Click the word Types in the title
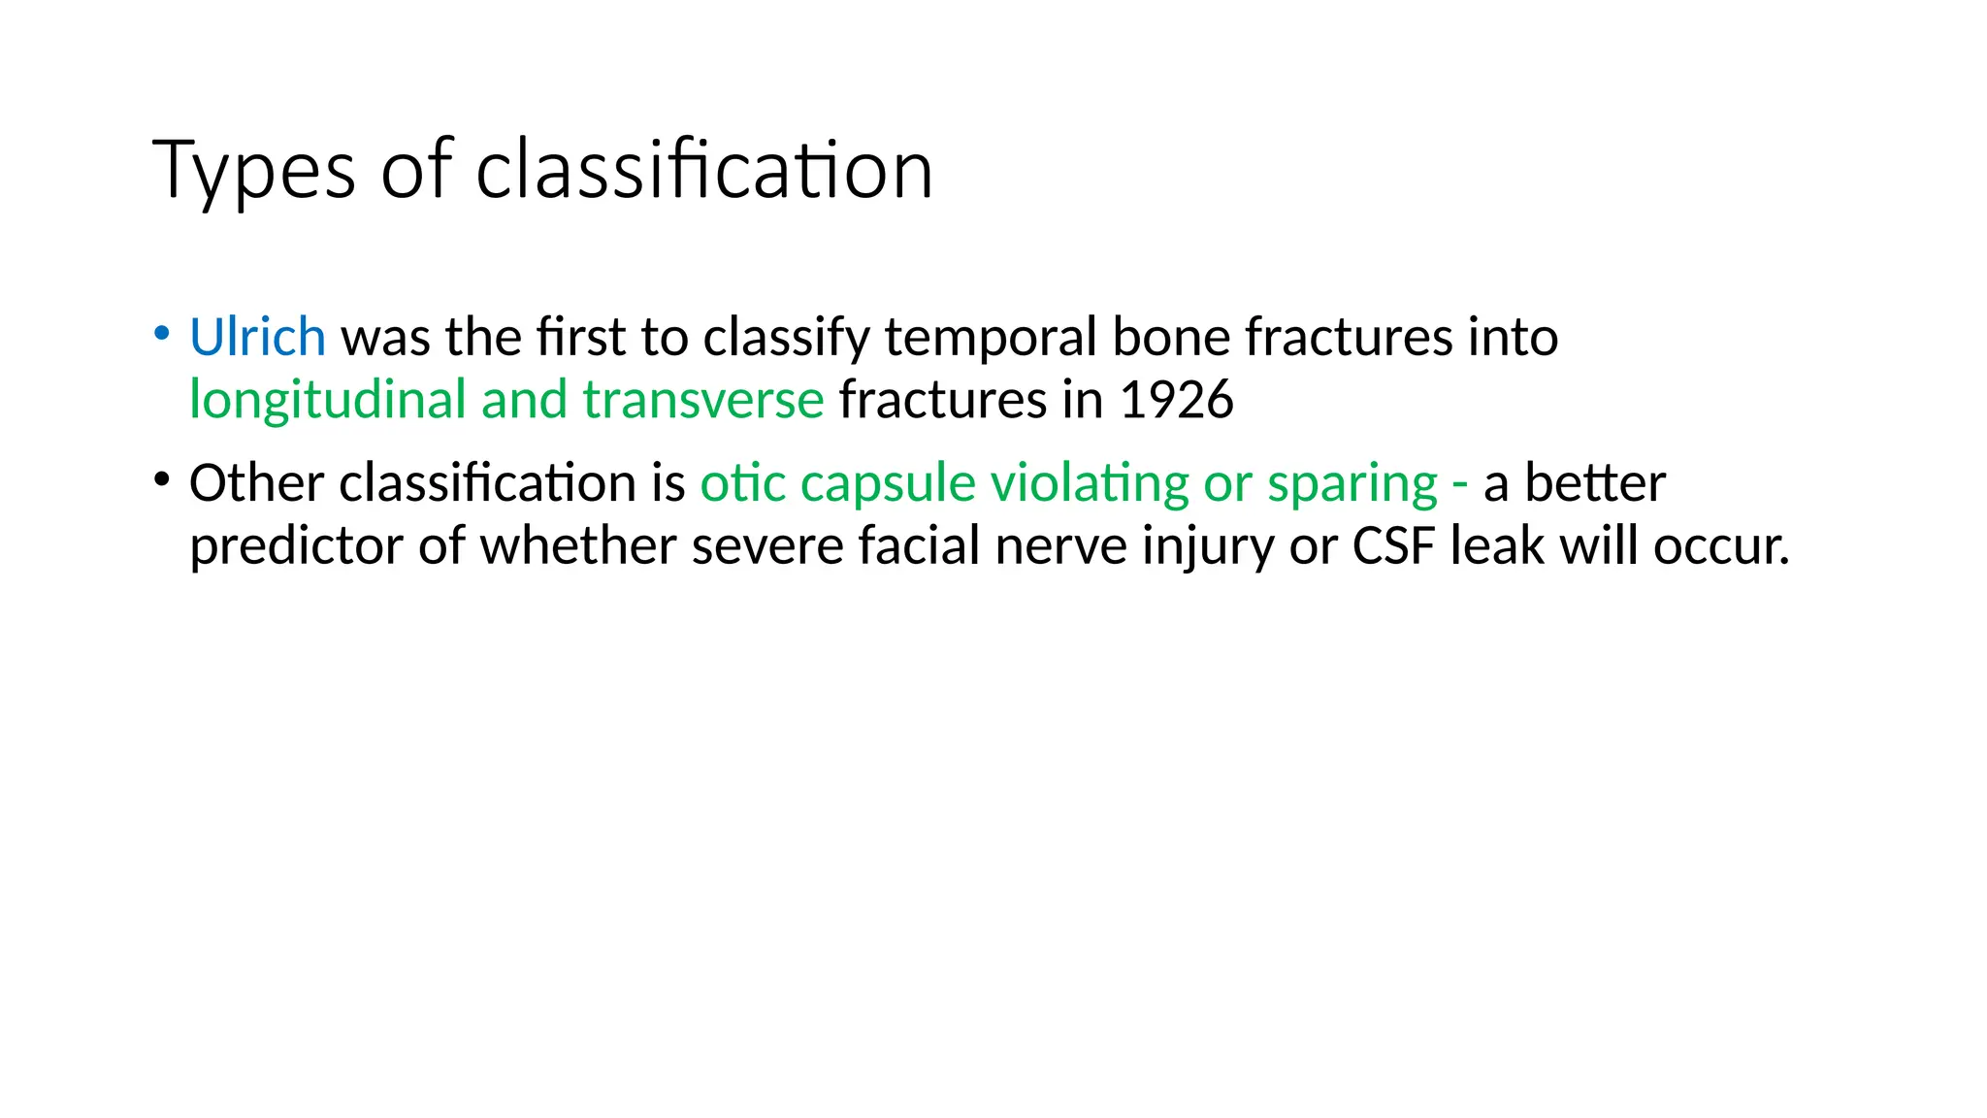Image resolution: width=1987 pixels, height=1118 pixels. point(253,172)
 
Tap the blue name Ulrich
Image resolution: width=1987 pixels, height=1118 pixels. point(257,338)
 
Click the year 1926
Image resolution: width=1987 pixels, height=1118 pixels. point(1176,401)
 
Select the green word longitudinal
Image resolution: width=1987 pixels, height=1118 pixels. point(328,401)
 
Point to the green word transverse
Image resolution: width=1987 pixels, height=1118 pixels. point(703,401)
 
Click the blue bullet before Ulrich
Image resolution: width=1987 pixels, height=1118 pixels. point(162,334)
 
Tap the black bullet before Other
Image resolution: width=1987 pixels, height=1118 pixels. point(162,479)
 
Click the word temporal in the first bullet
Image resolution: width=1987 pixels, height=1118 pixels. point(991,338)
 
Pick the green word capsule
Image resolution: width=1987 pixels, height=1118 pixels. point(888,483)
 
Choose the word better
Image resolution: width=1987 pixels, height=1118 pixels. point(1595,483)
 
